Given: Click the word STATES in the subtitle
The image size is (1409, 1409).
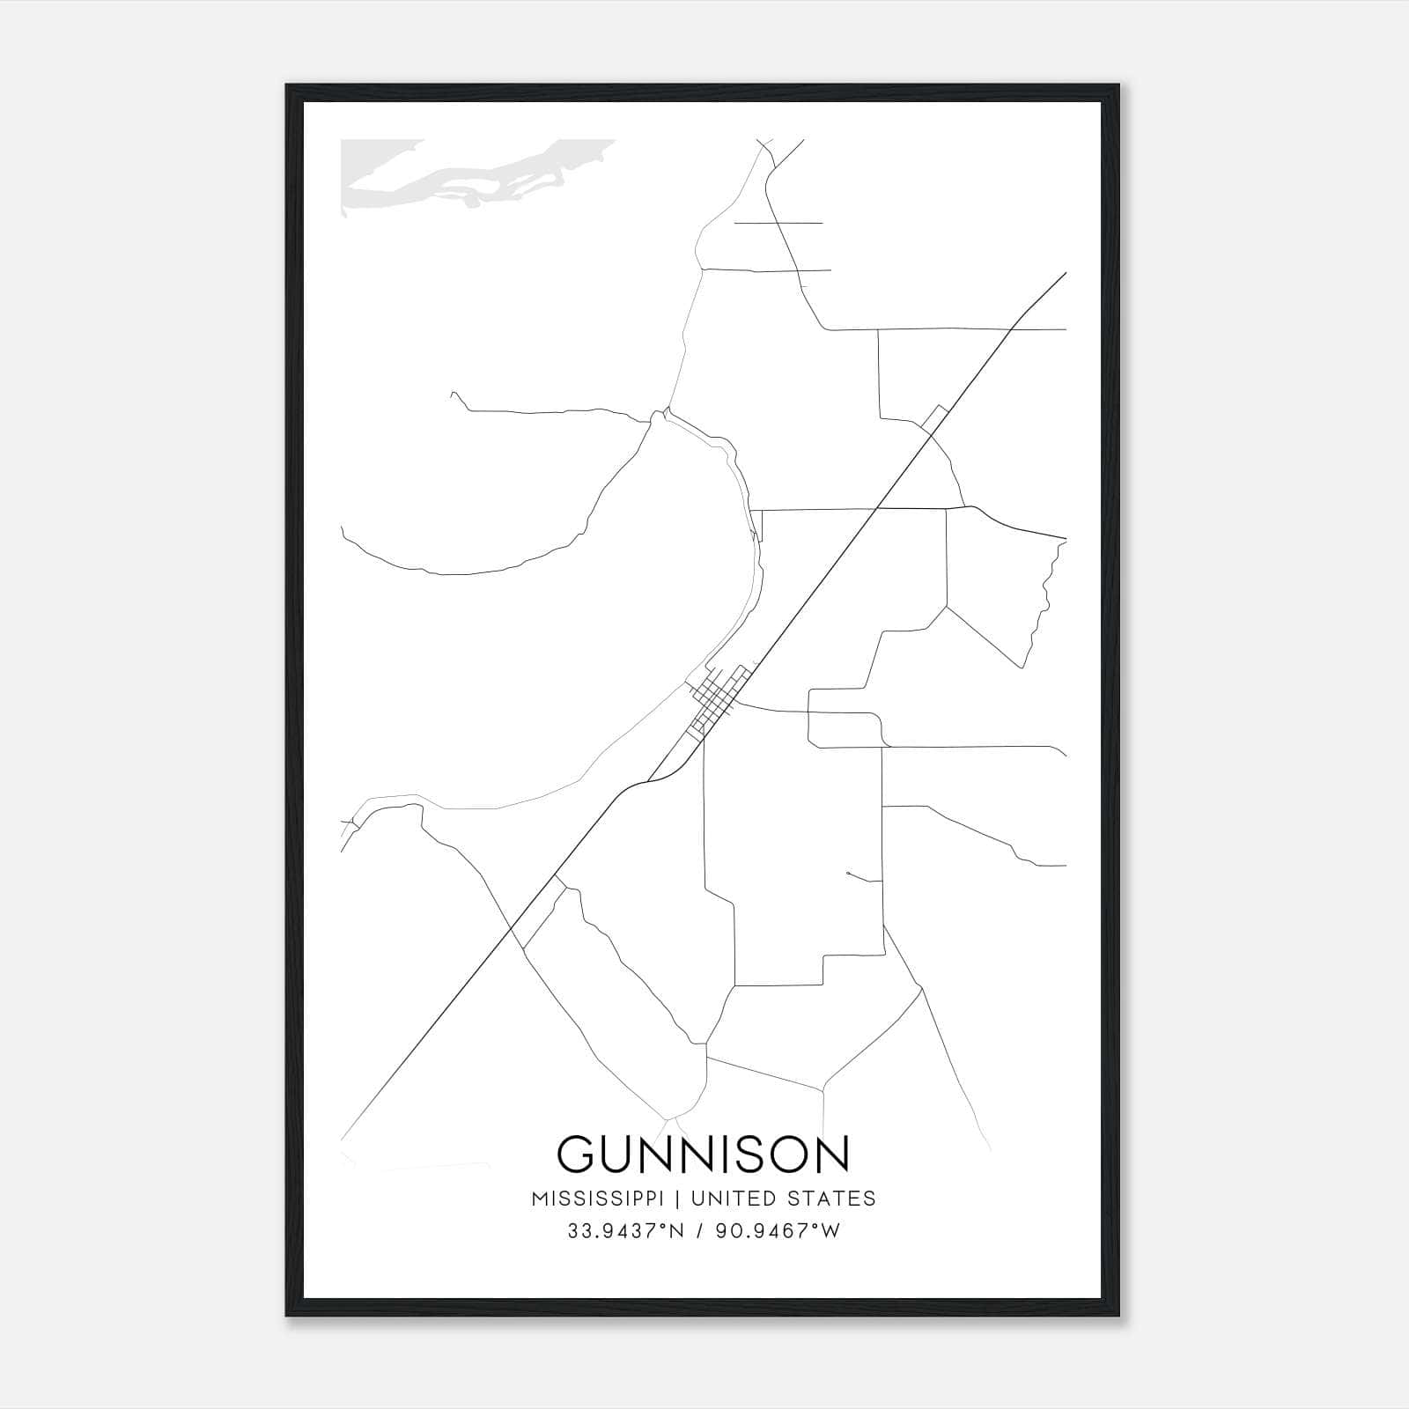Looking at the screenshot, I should pos(831,1199).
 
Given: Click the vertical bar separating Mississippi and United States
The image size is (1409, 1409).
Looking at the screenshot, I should pos(678,1199).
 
